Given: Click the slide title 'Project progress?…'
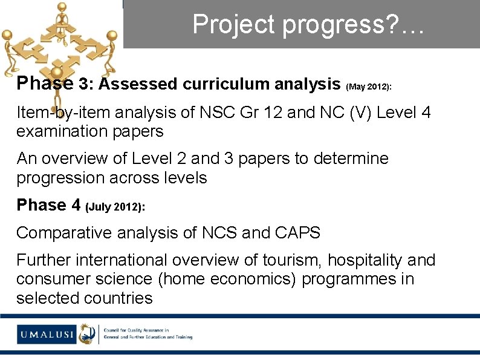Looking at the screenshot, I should pyautogui.click(x=309, y=24).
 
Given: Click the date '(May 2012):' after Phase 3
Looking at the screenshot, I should pyautogui.click(x=369, y=87).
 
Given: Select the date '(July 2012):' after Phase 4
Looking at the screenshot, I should pyautogui.click(x=115, y=208).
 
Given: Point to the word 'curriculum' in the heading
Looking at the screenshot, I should pyautogui.click(x=220, y=84).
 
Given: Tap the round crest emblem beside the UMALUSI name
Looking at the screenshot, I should pyautogui.click(x=87, y=333).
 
